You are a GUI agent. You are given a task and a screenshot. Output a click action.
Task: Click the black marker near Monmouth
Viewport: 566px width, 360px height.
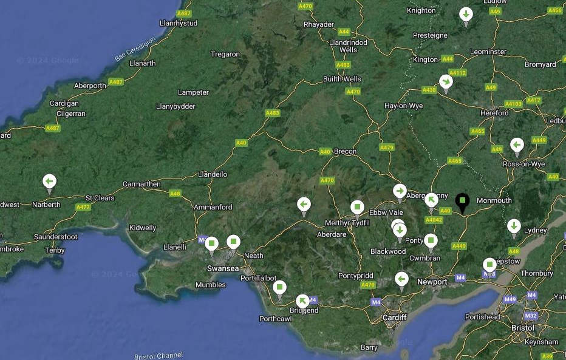tap(463, 201)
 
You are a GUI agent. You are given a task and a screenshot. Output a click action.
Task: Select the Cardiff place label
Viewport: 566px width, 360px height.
tap(394, 318)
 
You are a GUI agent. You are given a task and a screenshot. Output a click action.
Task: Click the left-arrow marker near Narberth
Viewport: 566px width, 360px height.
tap(50, 182)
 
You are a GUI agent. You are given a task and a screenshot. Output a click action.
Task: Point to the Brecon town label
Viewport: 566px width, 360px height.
tap(346, 151)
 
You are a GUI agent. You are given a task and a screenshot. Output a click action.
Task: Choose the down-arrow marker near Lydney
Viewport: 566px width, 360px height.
tap(514, 226)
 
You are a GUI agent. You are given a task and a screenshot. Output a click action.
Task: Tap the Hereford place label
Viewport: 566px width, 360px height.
tap(494, 113)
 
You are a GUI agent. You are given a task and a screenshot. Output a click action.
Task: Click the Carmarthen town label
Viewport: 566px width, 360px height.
tap(141, 184)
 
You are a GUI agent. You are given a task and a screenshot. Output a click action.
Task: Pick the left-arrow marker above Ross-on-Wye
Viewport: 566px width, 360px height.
tap(517, 145)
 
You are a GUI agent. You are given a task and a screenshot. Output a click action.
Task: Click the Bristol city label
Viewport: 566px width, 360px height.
tap(522, 327)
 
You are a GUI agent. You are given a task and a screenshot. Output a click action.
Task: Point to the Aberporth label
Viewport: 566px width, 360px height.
tap(90, 86)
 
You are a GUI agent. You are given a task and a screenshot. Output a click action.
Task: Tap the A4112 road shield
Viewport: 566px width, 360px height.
tap(457, 73)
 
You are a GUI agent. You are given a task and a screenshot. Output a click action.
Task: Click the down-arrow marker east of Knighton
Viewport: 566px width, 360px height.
tap(466, 14)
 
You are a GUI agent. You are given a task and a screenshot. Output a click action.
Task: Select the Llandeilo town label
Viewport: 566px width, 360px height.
tap(213, 174)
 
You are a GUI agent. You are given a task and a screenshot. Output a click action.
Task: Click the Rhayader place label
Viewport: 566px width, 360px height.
tap(318, 24)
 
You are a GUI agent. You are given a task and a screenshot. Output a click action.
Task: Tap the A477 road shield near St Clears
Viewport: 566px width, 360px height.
tap(83, 207)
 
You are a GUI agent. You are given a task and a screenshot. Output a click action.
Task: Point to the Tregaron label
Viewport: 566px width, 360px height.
tap(225, 54)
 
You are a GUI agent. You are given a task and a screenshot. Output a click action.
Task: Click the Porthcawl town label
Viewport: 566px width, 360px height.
tap(276, 318)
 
